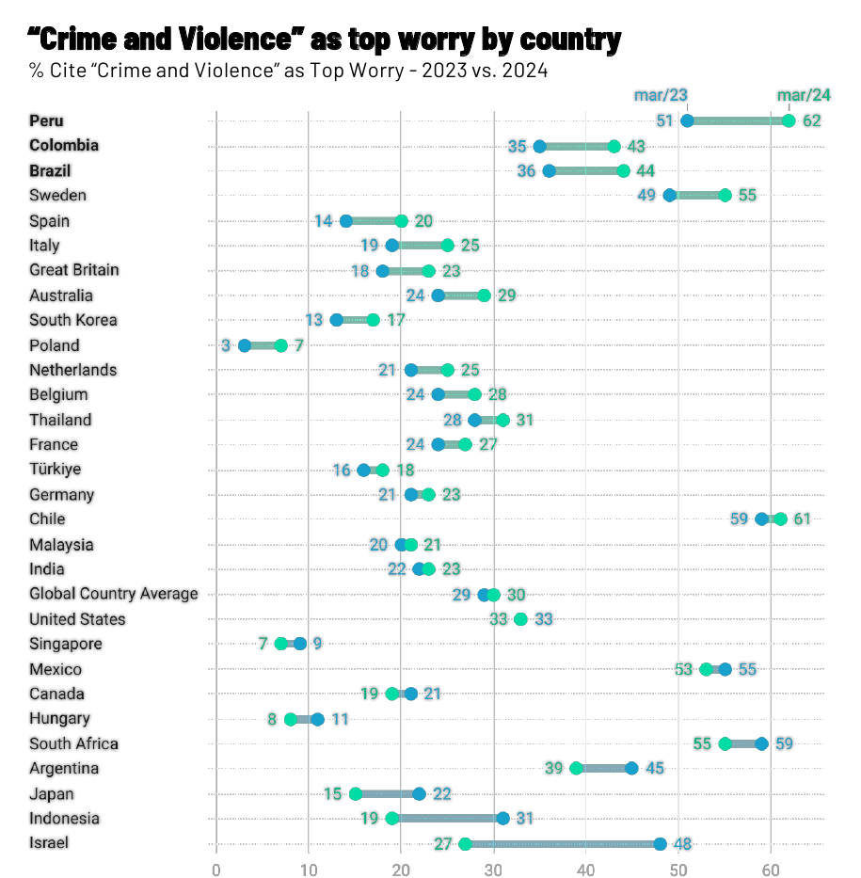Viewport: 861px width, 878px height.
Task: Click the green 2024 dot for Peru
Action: [789, 120]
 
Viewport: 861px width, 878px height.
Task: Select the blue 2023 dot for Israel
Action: [660, 844]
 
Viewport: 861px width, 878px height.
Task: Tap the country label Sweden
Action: [57, 196]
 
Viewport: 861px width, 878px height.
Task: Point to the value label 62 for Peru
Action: [812, 120]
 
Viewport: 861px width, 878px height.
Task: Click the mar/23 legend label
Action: [661, 94]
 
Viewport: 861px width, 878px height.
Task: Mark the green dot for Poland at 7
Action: [280, 345]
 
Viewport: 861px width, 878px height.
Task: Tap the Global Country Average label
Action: [113, 594]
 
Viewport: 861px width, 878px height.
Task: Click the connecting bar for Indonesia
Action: [447, 819]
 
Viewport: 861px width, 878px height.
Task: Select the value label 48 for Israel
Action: [682, 844]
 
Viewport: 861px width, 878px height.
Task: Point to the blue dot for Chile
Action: [761, 519]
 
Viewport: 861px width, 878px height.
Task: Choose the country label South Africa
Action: [73, 743]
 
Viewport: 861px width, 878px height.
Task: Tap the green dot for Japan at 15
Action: [355, 794]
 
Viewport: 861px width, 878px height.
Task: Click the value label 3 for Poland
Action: [226, 345]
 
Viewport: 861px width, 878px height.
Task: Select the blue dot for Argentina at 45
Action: [631, 769]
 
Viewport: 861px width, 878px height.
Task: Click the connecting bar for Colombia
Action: [576, 146]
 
